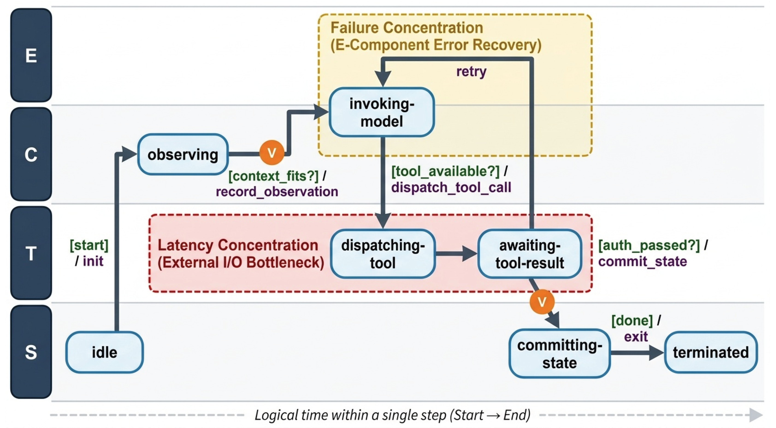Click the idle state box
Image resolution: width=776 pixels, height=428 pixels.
(x=105, y=352)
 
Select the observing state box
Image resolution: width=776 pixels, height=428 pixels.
(x=183, y=154)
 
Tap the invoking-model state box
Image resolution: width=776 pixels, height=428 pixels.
(x=382, y=112)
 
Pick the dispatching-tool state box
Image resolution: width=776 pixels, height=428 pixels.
(x=383, y=254)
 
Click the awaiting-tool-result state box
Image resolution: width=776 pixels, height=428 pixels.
(x=530, y=254)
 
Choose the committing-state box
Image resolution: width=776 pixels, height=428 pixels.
(x=560, y=353)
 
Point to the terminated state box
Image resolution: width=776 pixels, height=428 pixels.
(x=711, y=352)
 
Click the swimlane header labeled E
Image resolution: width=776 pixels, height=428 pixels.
(x=31, y=55)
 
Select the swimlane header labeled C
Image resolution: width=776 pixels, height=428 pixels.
(x=31, y=154)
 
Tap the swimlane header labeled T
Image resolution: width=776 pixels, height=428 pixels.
(x=31, y=253)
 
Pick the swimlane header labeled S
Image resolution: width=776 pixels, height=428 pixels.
(x=31, y=352)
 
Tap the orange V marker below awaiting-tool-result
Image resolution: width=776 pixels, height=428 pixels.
(x=542, y=302)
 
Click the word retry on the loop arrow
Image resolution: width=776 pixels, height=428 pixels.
(x=471, y=72)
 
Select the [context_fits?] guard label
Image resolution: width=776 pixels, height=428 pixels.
(x=274, y=176)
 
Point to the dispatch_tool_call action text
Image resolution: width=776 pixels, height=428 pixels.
(x=451, y=187)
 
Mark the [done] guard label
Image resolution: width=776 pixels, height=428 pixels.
(x=632, y=320)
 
